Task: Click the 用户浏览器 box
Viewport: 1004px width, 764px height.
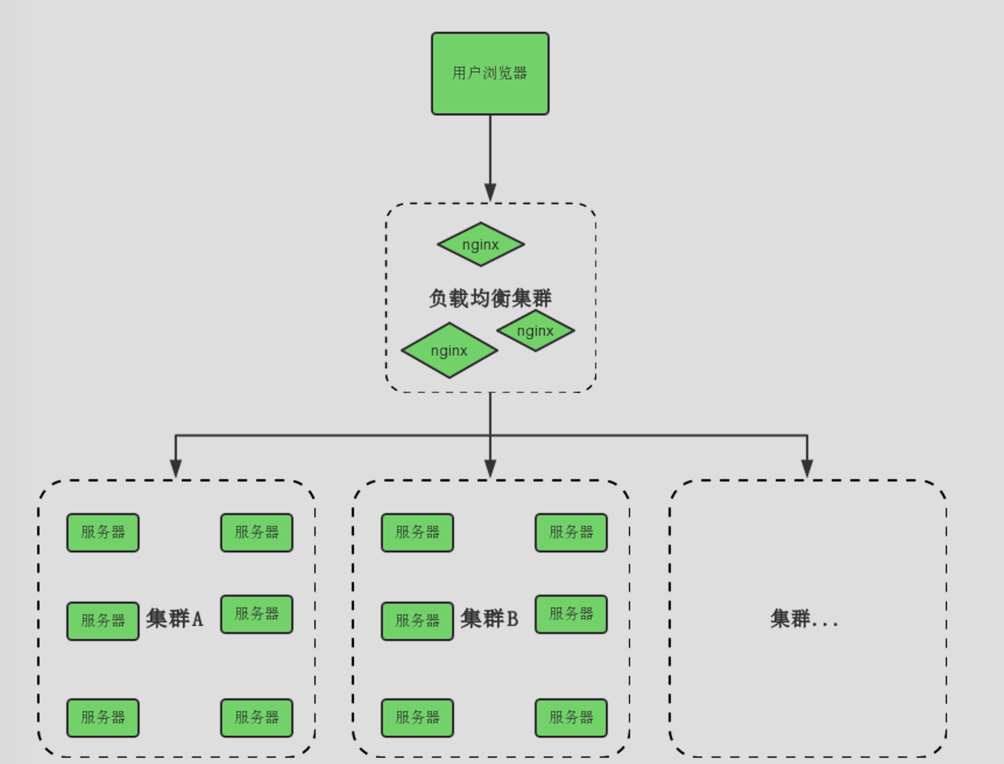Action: (x=490, y=73)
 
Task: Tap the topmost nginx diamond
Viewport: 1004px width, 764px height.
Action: (x=481, y=244)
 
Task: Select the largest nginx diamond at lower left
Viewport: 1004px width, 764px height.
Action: (x=449, y=350)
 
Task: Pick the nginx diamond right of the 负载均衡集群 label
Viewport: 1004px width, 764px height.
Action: (x=535, y=330)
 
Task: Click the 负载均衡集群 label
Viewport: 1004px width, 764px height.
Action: (x=490, y=298)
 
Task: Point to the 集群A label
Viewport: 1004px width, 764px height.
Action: (x=175, y=618)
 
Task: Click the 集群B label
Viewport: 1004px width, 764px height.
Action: (x=489, y=618)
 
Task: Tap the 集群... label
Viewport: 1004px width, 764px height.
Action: (x=804, y=618)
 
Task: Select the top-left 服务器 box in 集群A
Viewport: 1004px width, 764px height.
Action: (x=102, y=532)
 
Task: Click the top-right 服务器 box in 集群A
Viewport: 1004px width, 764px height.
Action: (x=257, y=532)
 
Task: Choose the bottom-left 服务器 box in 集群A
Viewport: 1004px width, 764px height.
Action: (x=102, y=718)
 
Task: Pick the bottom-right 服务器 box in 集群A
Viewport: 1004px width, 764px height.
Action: (x=257, y=718)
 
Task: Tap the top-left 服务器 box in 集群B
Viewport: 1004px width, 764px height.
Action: (x=417, y=532)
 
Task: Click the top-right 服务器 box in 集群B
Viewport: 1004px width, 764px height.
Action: (x=571, y=532)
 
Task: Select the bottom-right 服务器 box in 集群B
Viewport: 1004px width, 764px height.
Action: (x=571, y=718)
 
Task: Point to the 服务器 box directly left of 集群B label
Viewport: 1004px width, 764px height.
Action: (x=417, y=621)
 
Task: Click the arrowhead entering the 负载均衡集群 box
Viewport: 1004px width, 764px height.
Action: (x=490, y=192)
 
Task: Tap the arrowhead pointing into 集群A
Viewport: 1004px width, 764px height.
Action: (x=175, y=469)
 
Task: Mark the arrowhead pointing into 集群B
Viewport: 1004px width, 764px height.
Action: (x=490, y=469)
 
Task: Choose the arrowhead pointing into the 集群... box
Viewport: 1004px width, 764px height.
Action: (x=807, y=469)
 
